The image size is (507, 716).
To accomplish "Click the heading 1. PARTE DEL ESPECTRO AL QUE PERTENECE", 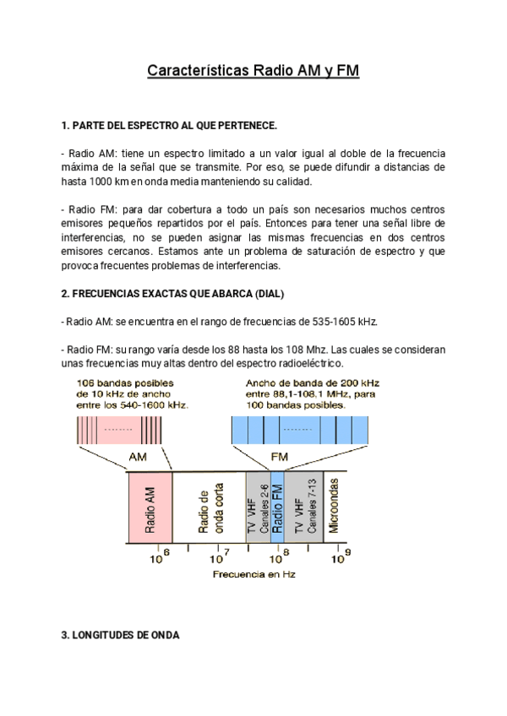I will [169, 126].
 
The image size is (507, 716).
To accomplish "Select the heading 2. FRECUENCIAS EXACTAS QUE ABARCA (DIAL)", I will [173, 294].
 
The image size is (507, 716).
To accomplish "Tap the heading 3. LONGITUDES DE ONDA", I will [120, 635].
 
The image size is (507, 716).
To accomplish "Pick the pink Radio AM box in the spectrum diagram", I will [150, 507].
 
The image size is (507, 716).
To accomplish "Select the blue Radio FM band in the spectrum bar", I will [277, 507].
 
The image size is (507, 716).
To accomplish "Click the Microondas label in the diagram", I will [334, 507].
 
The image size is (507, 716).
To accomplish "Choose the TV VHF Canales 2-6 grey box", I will [258, 507].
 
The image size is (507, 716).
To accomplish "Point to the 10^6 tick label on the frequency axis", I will [160, 556].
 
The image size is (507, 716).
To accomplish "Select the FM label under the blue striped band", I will [279, 456].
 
